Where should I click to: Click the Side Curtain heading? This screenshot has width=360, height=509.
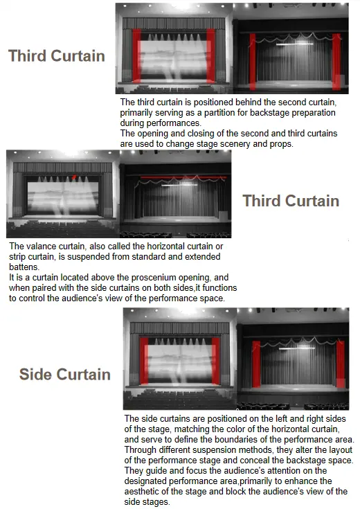(64, 375)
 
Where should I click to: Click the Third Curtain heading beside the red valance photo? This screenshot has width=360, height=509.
(291, 201)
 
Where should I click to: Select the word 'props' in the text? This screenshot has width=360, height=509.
(279, 143)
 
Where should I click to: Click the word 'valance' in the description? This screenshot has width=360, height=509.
(39, 247)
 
